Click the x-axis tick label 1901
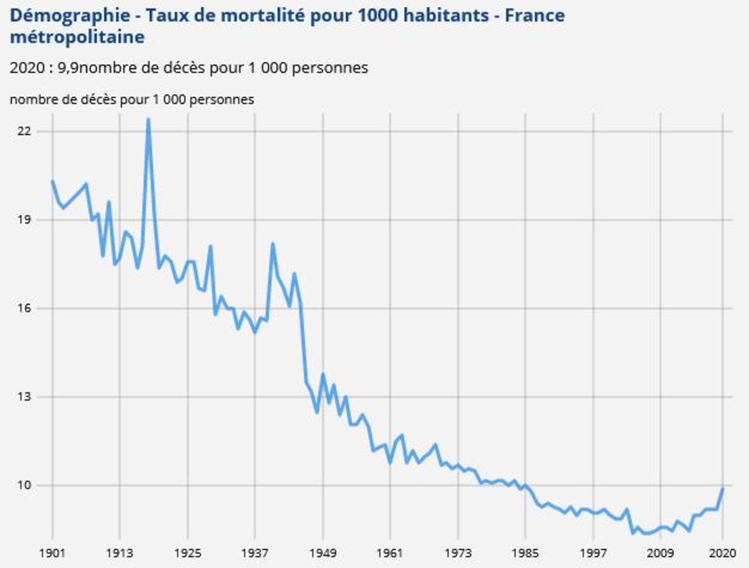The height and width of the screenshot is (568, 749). pos(52,553)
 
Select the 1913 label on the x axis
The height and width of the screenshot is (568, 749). pos(119,553)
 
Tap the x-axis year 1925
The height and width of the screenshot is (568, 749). pos(188,553)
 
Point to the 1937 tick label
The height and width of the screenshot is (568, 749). pos(255,553)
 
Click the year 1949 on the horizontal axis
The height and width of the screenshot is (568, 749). pos(323,553)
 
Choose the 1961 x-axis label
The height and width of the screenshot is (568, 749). pos(390,553)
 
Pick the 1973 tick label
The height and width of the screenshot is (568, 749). pos(458,553)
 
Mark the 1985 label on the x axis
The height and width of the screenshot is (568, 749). pos(525,553)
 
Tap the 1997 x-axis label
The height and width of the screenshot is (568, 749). pos(593,553)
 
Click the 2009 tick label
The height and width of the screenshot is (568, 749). pos(660,553)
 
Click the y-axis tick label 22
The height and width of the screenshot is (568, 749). pos(24,131)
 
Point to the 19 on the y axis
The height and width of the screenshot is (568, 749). pos(24,220)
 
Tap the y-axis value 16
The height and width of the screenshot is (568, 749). pos(24,308)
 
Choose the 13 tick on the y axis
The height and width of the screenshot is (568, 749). pos(24,396)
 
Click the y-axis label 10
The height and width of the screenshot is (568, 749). pos(24,485)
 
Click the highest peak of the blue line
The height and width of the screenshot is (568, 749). pos(148,120)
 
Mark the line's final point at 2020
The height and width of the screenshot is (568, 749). pos(722,489)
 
